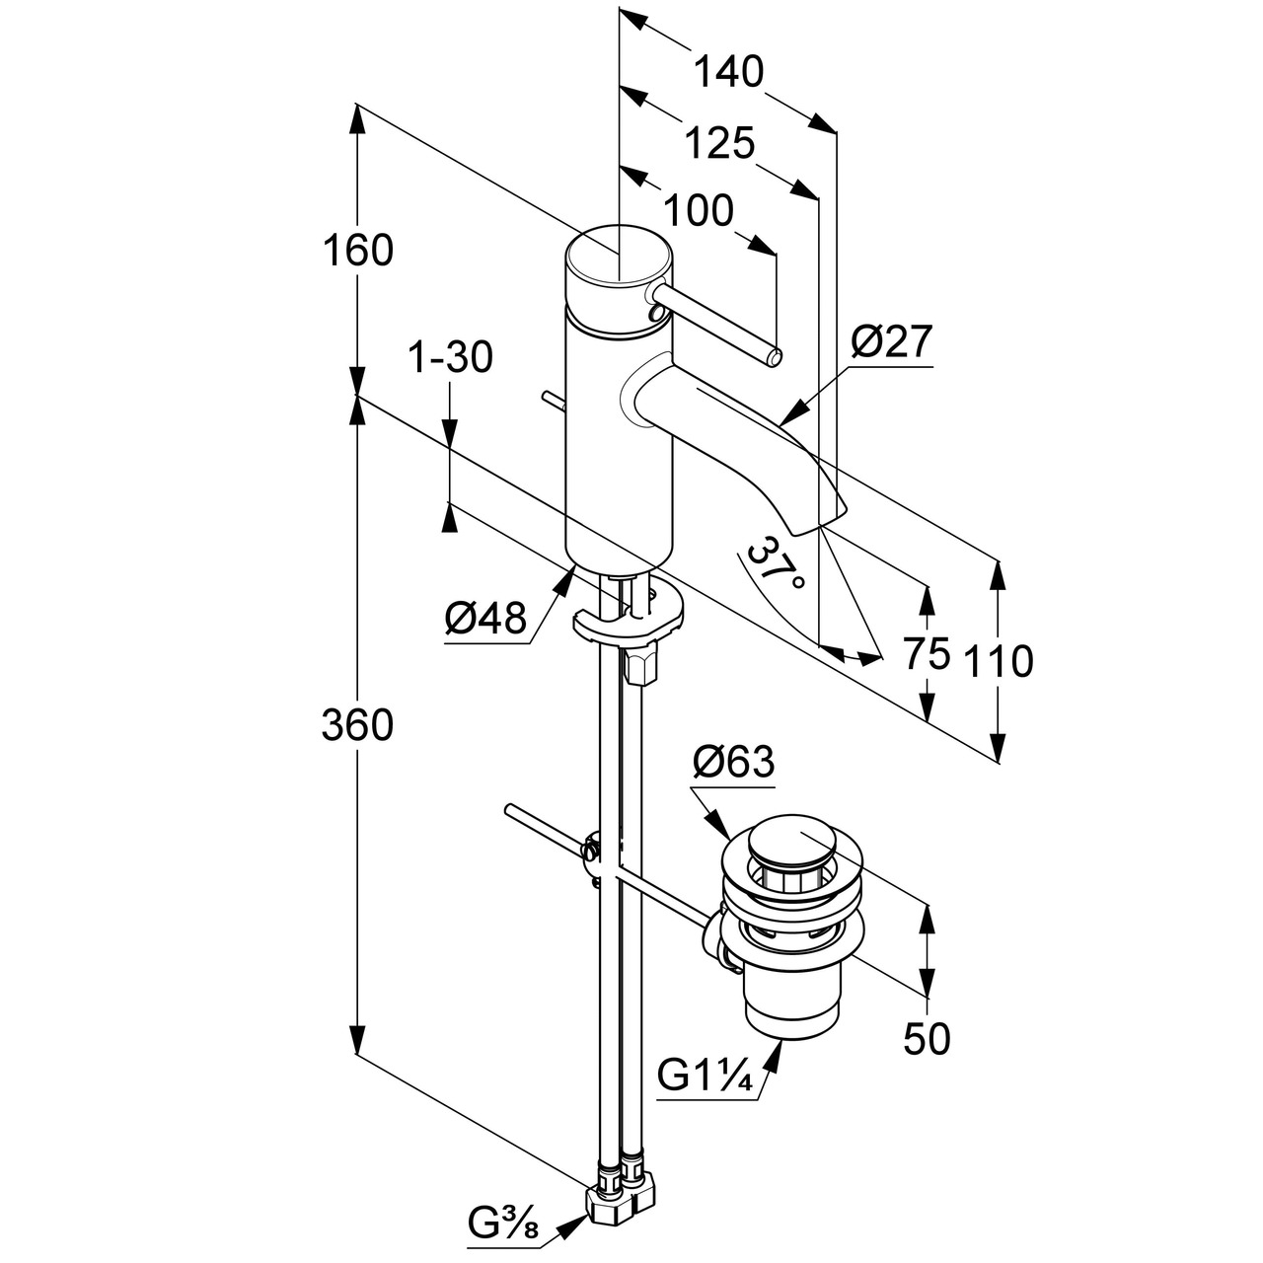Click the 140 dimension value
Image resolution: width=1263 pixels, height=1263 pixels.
(x=729, y=72)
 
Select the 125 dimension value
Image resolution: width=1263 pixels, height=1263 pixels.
(x=719, y=144)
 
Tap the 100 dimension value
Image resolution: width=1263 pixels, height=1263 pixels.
(x=698, y=211)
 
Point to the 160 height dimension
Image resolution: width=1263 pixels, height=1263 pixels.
(x=357, y=251)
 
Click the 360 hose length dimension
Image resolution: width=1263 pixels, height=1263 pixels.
(x=357, y=725)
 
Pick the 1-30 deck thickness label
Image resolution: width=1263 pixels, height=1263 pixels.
(x=450, y=358)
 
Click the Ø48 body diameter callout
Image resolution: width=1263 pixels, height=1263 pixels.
(x=484, y=620)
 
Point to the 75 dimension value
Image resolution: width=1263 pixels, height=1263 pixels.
(x=927, y=653)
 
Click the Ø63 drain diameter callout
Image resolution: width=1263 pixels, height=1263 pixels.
(x=733, y=762)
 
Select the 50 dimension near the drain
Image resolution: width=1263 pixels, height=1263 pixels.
(x=927, y=1038)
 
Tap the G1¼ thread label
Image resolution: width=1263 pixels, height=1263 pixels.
(x=706, y=1076)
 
